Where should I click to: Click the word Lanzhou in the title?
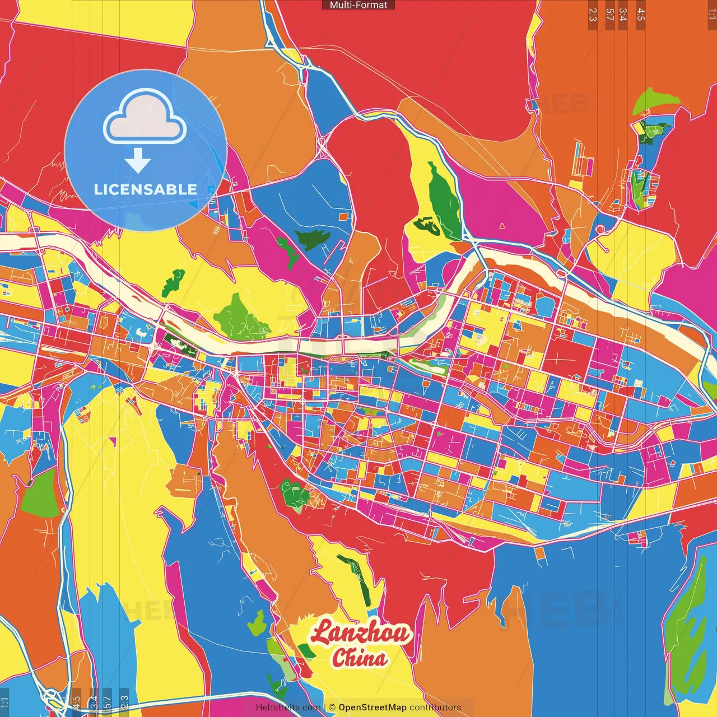pos(361,632)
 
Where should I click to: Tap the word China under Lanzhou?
pos(359,658)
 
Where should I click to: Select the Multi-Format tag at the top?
pos(358,5)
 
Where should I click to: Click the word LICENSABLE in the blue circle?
pos(145,189)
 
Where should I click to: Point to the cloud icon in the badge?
pos(145,117)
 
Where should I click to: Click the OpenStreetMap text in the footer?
pos(372,707)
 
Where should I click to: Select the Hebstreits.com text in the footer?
pos(288,707)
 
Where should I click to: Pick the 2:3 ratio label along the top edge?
pos(593,15)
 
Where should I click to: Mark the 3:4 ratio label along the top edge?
pos(622,15)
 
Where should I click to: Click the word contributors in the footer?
pos(435,707)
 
